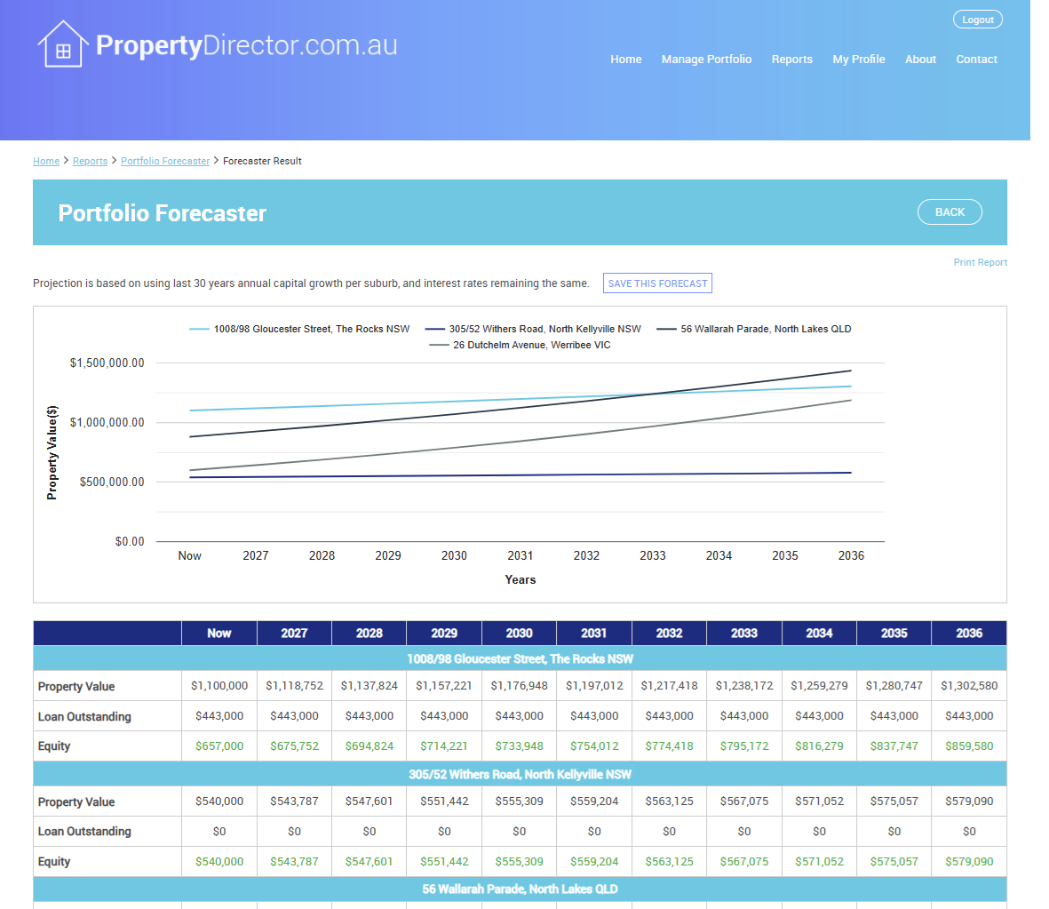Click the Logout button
(977, 20)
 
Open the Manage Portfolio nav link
(706, 59)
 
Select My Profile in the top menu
(858, 59)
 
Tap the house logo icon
(63, 44)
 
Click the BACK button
(950, 212)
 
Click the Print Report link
(980, 262)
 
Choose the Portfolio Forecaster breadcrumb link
(165, 161)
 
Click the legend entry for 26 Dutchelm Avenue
(520, 345)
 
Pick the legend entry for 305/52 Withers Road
(533, 329)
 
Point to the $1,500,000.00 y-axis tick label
(107, 363)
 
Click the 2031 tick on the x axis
(520, 555)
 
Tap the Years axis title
(520, 579)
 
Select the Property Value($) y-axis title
(52, 452)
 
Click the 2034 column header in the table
(819, 634)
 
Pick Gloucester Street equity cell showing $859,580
(969, 746)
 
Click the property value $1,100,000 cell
(219, 685)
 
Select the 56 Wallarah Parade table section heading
(520, 889)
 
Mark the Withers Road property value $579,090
(969, 801)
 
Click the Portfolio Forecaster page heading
(162, 213)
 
